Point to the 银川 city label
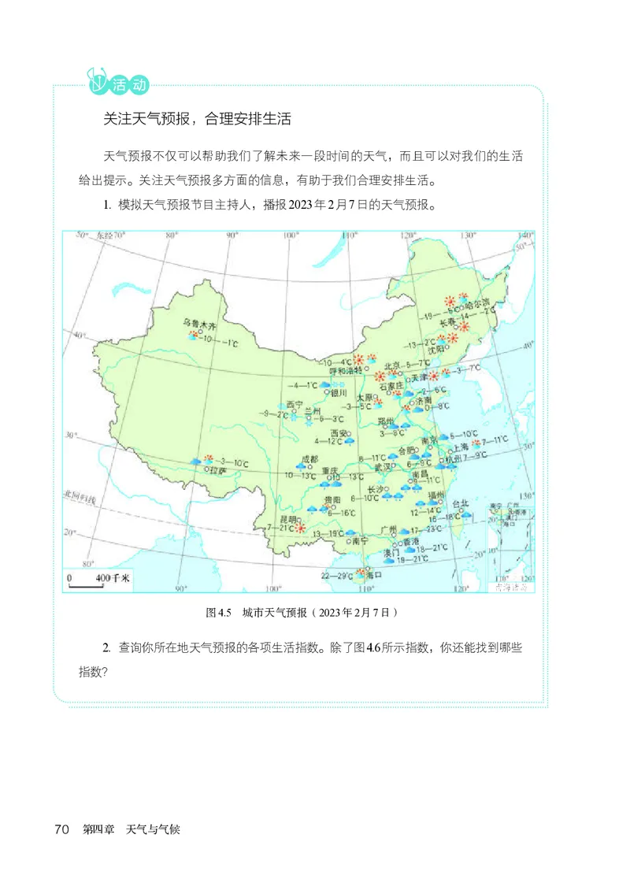[339, 391]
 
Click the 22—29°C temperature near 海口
[336, 576]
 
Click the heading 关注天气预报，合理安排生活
[198, 119]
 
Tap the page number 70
[64, 829]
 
